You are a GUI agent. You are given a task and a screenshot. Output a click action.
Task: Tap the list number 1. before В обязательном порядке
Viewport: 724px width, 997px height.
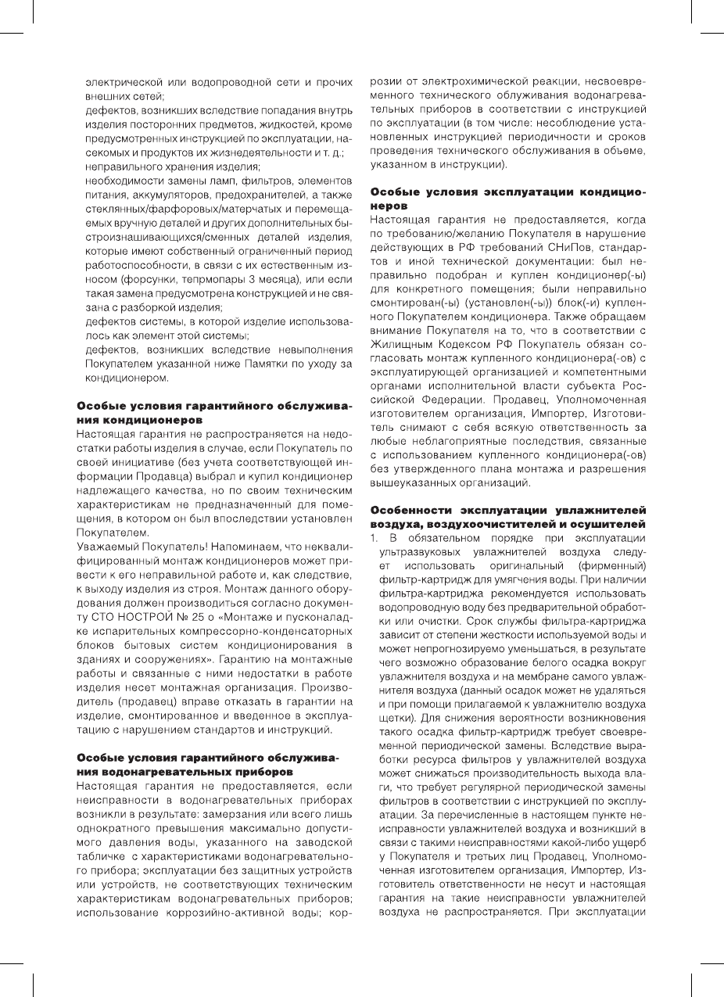[x=374, y=540]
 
